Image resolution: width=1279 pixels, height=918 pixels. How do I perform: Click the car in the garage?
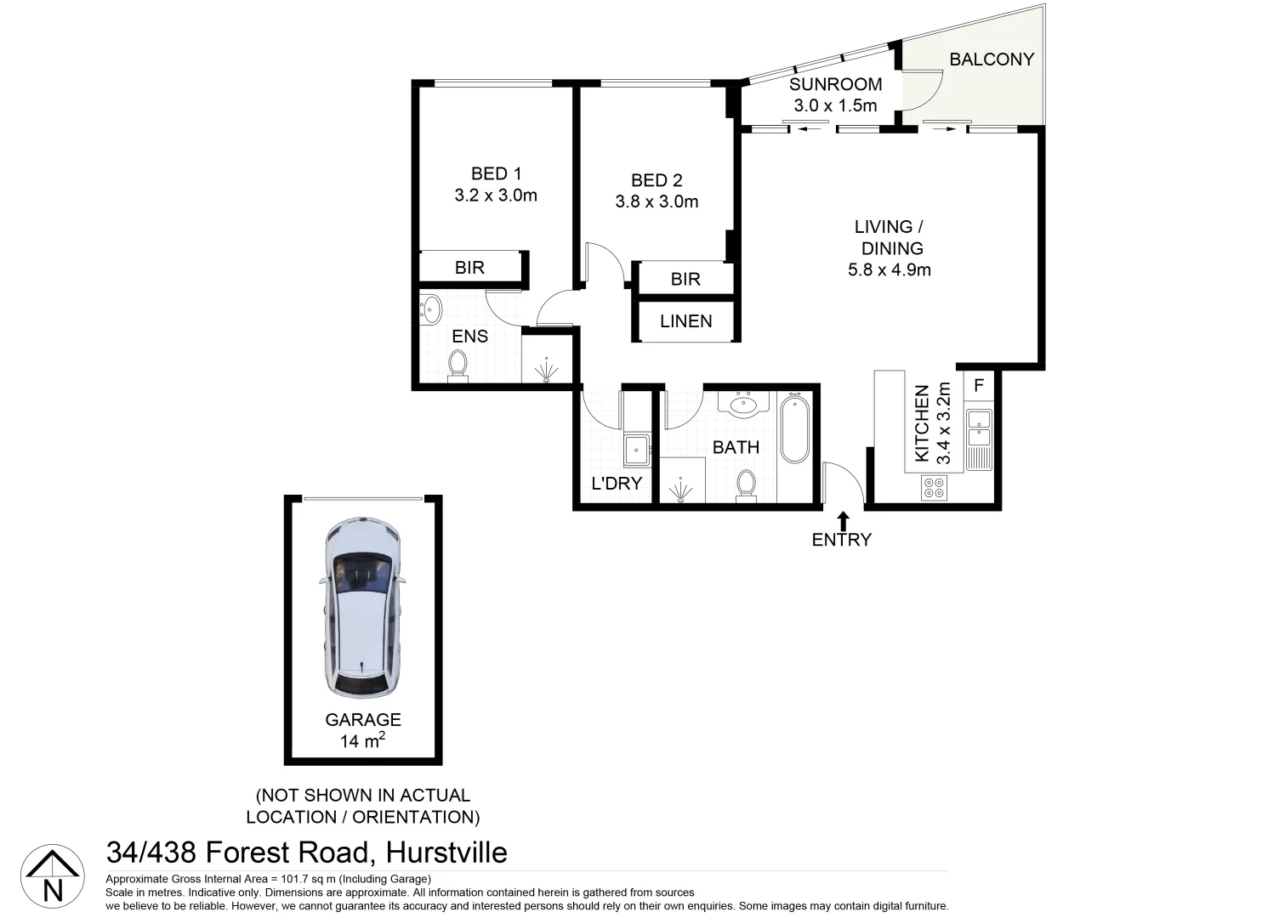click(x=362, y=607)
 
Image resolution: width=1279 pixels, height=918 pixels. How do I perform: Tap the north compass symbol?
click(x=52, y=876)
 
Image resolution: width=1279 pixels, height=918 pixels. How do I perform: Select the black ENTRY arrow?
click(x=843, y=521)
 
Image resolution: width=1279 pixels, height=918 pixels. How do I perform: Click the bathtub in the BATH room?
click(x=795, y=428)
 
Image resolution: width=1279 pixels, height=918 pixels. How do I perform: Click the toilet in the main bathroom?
click(x=746, y=484)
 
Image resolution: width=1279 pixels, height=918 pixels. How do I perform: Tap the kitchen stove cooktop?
click(x=934, y=487)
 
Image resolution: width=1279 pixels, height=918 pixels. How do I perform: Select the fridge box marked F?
click(x=979, y=386)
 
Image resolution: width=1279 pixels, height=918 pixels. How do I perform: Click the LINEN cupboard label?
click(x=685, y=321)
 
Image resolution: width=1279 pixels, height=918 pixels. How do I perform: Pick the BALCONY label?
click(x=992, y=59)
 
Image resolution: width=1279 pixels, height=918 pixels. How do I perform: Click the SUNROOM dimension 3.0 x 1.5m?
click(x=835, y=105)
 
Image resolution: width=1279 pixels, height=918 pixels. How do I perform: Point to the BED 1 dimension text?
click(x=496, y=195)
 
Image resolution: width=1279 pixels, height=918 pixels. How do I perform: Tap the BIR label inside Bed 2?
click(x=685, y=280)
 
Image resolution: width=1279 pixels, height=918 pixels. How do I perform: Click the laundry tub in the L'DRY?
click(x=636, y=449)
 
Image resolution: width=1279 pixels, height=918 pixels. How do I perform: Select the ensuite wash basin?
click(x=430, y=309)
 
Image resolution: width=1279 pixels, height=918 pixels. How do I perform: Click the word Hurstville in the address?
click(x=446, y=853)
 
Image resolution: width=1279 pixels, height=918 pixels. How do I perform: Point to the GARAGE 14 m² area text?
click(x=363, y=741)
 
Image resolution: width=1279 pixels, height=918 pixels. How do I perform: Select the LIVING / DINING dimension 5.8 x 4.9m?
click(x=889, y=270)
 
